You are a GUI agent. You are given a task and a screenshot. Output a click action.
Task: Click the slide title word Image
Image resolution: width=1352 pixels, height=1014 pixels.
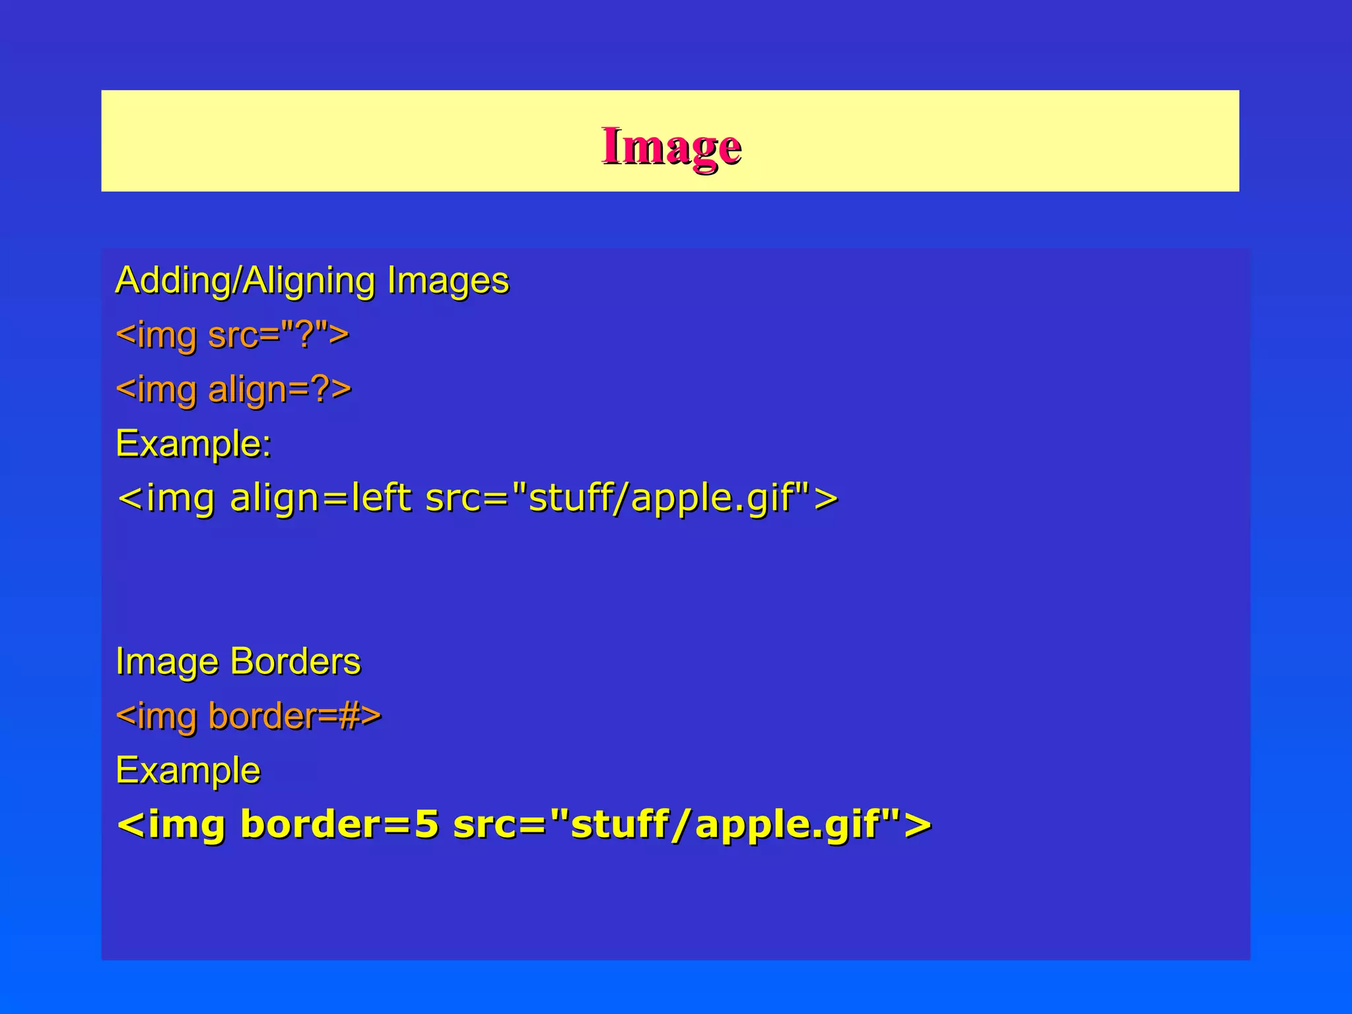[671, 146]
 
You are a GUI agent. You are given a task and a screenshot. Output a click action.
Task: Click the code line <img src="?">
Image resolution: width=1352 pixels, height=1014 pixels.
[232, 335]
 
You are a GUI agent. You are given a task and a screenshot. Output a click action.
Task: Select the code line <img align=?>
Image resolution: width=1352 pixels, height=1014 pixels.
[233, 389]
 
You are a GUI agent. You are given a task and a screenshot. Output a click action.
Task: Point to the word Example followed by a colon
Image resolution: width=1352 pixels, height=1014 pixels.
[192, 443]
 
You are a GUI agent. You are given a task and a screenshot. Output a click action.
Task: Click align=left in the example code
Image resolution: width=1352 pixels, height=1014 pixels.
[320, 498]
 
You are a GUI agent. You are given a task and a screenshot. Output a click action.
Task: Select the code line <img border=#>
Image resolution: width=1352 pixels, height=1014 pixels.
[248, 716]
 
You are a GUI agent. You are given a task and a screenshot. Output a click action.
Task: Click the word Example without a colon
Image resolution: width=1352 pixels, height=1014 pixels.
[187, 770]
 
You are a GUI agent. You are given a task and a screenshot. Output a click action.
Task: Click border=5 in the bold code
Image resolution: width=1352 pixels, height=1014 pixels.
[339, 825]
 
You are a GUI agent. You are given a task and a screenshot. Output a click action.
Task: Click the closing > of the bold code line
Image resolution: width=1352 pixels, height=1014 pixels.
[918, 825]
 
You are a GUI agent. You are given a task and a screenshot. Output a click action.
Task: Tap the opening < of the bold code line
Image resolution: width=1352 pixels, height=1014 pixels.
[130, 825]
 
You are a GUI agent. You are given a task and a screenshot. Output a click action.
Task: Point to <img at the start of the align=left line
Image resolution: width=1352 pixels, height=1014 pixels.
[166, 498]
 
